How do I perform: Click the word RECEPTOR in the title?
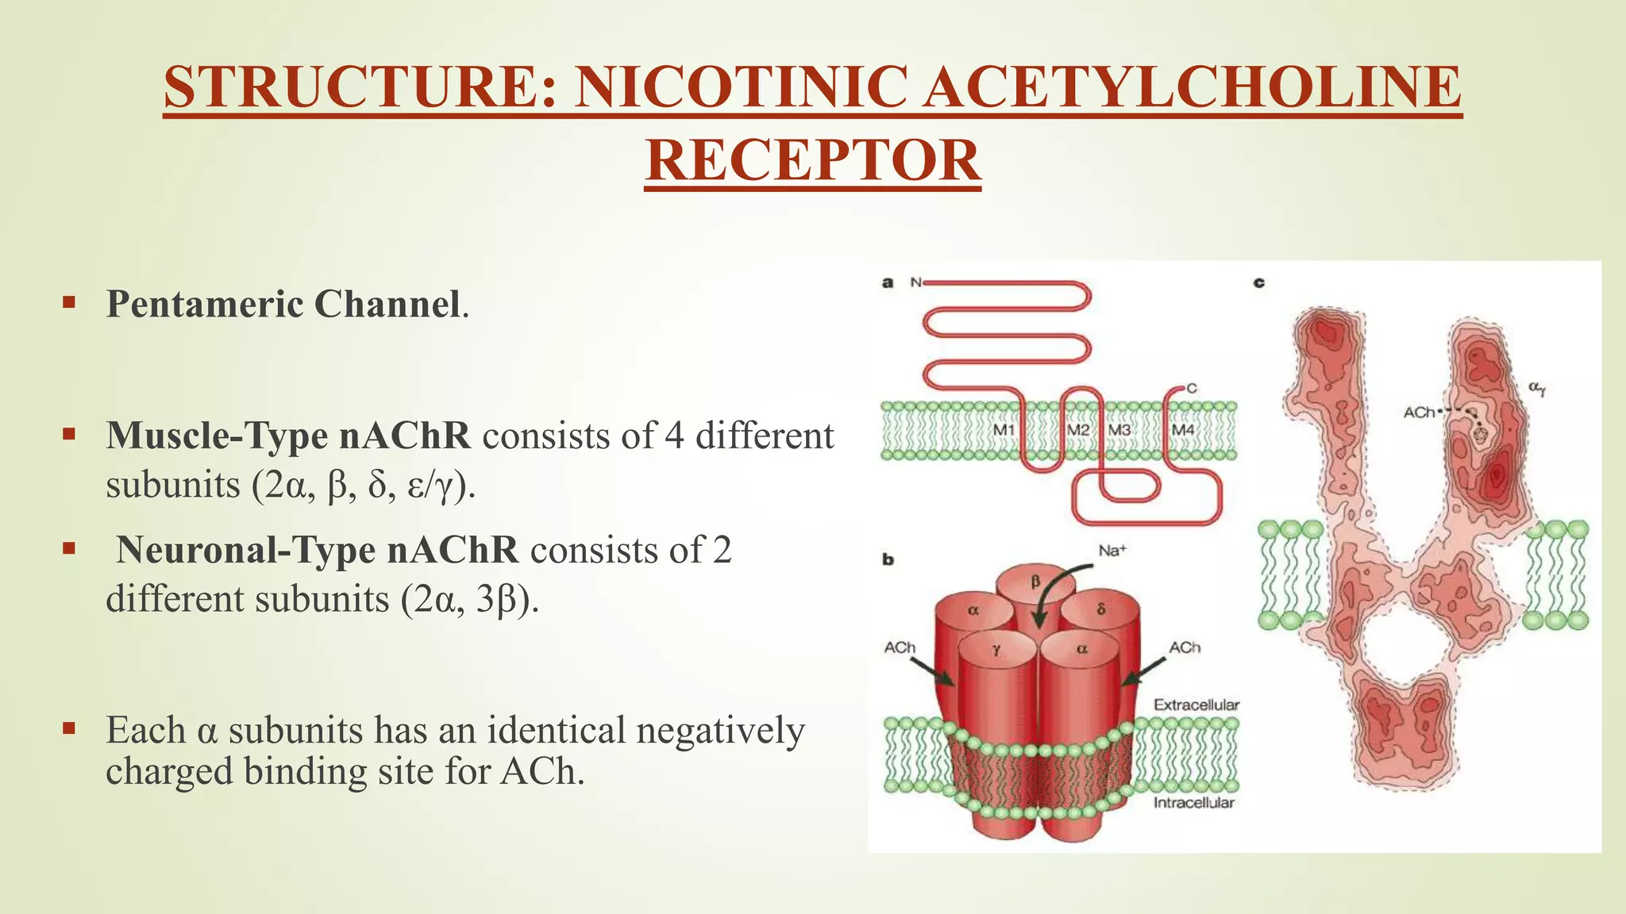(x=813, y=160)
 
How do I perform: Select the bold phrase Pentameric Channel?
(x=283, y=304)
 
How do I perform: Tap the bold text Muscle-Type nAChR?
(x=288, y=436)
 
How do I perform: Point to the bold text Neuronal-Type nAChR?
(x=318, y=550)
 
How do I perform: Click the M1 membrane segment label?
(x=1004, y=429)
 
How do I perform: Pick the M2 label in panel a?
(x=1077, y=429)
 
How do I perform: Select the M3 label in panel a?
(x=1119, y=429)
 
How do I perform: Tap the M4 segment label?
(x=1183, y=429)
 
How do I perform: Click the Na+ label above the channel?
(x=1112, y=551)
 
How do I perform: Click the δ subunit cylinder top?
(x=1101, y=610)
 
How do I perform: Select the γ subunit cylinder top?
(x=996, y=650)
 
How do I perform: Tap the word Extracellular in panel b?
(x=1196, y=705)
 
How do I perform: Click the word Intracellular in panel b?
(x=1193, y=803)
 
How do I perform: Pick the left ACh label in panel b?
(x=900, y=647)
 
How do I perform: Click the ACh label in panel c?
(x=1419, y=412)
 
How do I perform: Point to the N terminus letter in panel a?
(x=915, y=282)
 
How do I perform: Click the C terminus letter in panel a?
(x=1191, y=389)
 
